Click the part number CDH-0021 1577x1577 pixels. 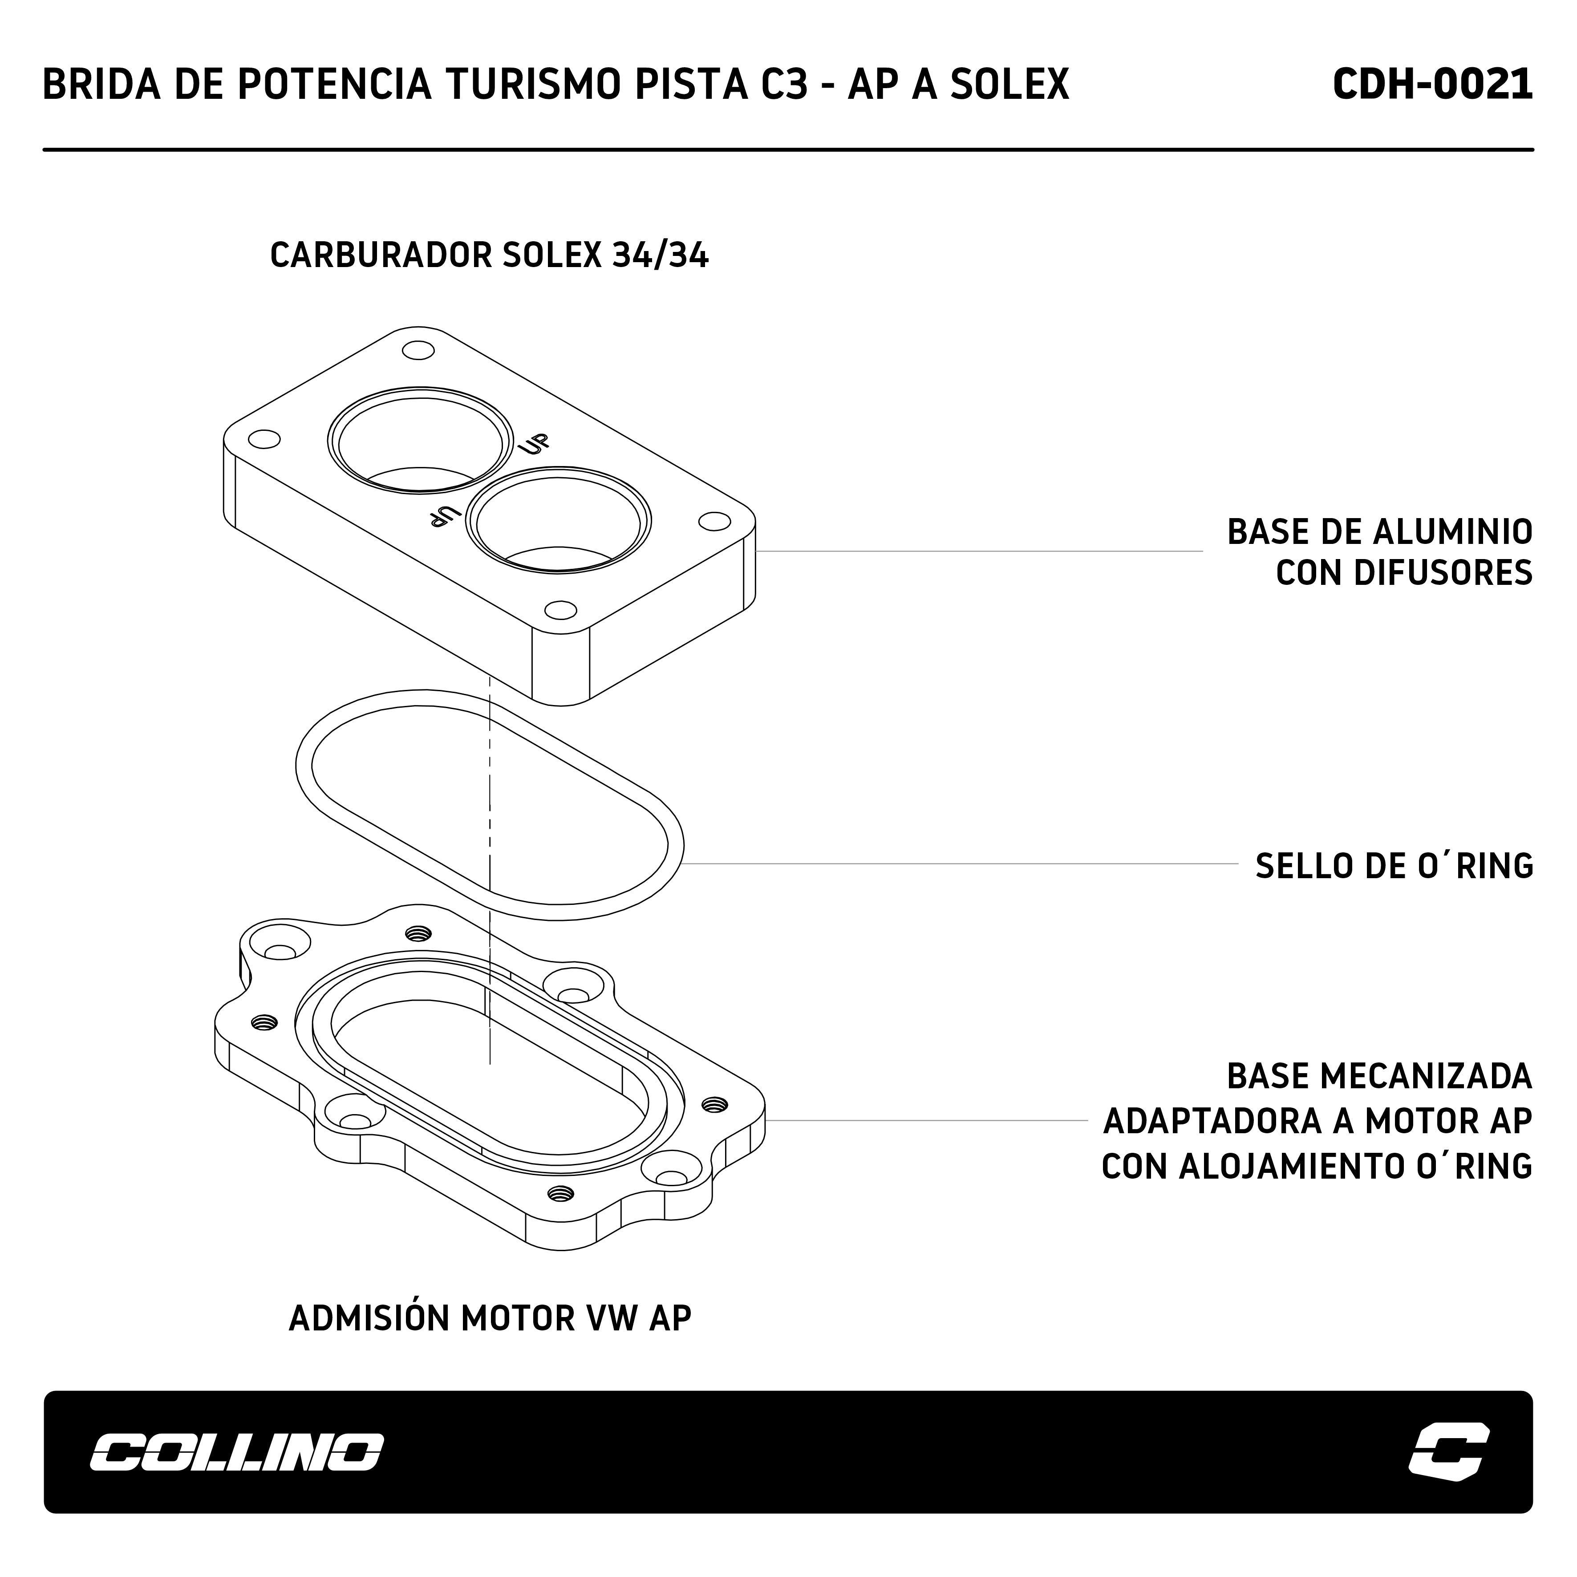1432,84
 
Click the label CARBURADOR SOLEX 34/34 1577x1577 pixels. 489,255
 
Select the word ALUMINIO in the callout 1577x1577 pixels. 1453,532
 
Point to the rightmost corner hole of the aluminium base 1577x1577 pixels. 715,521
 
